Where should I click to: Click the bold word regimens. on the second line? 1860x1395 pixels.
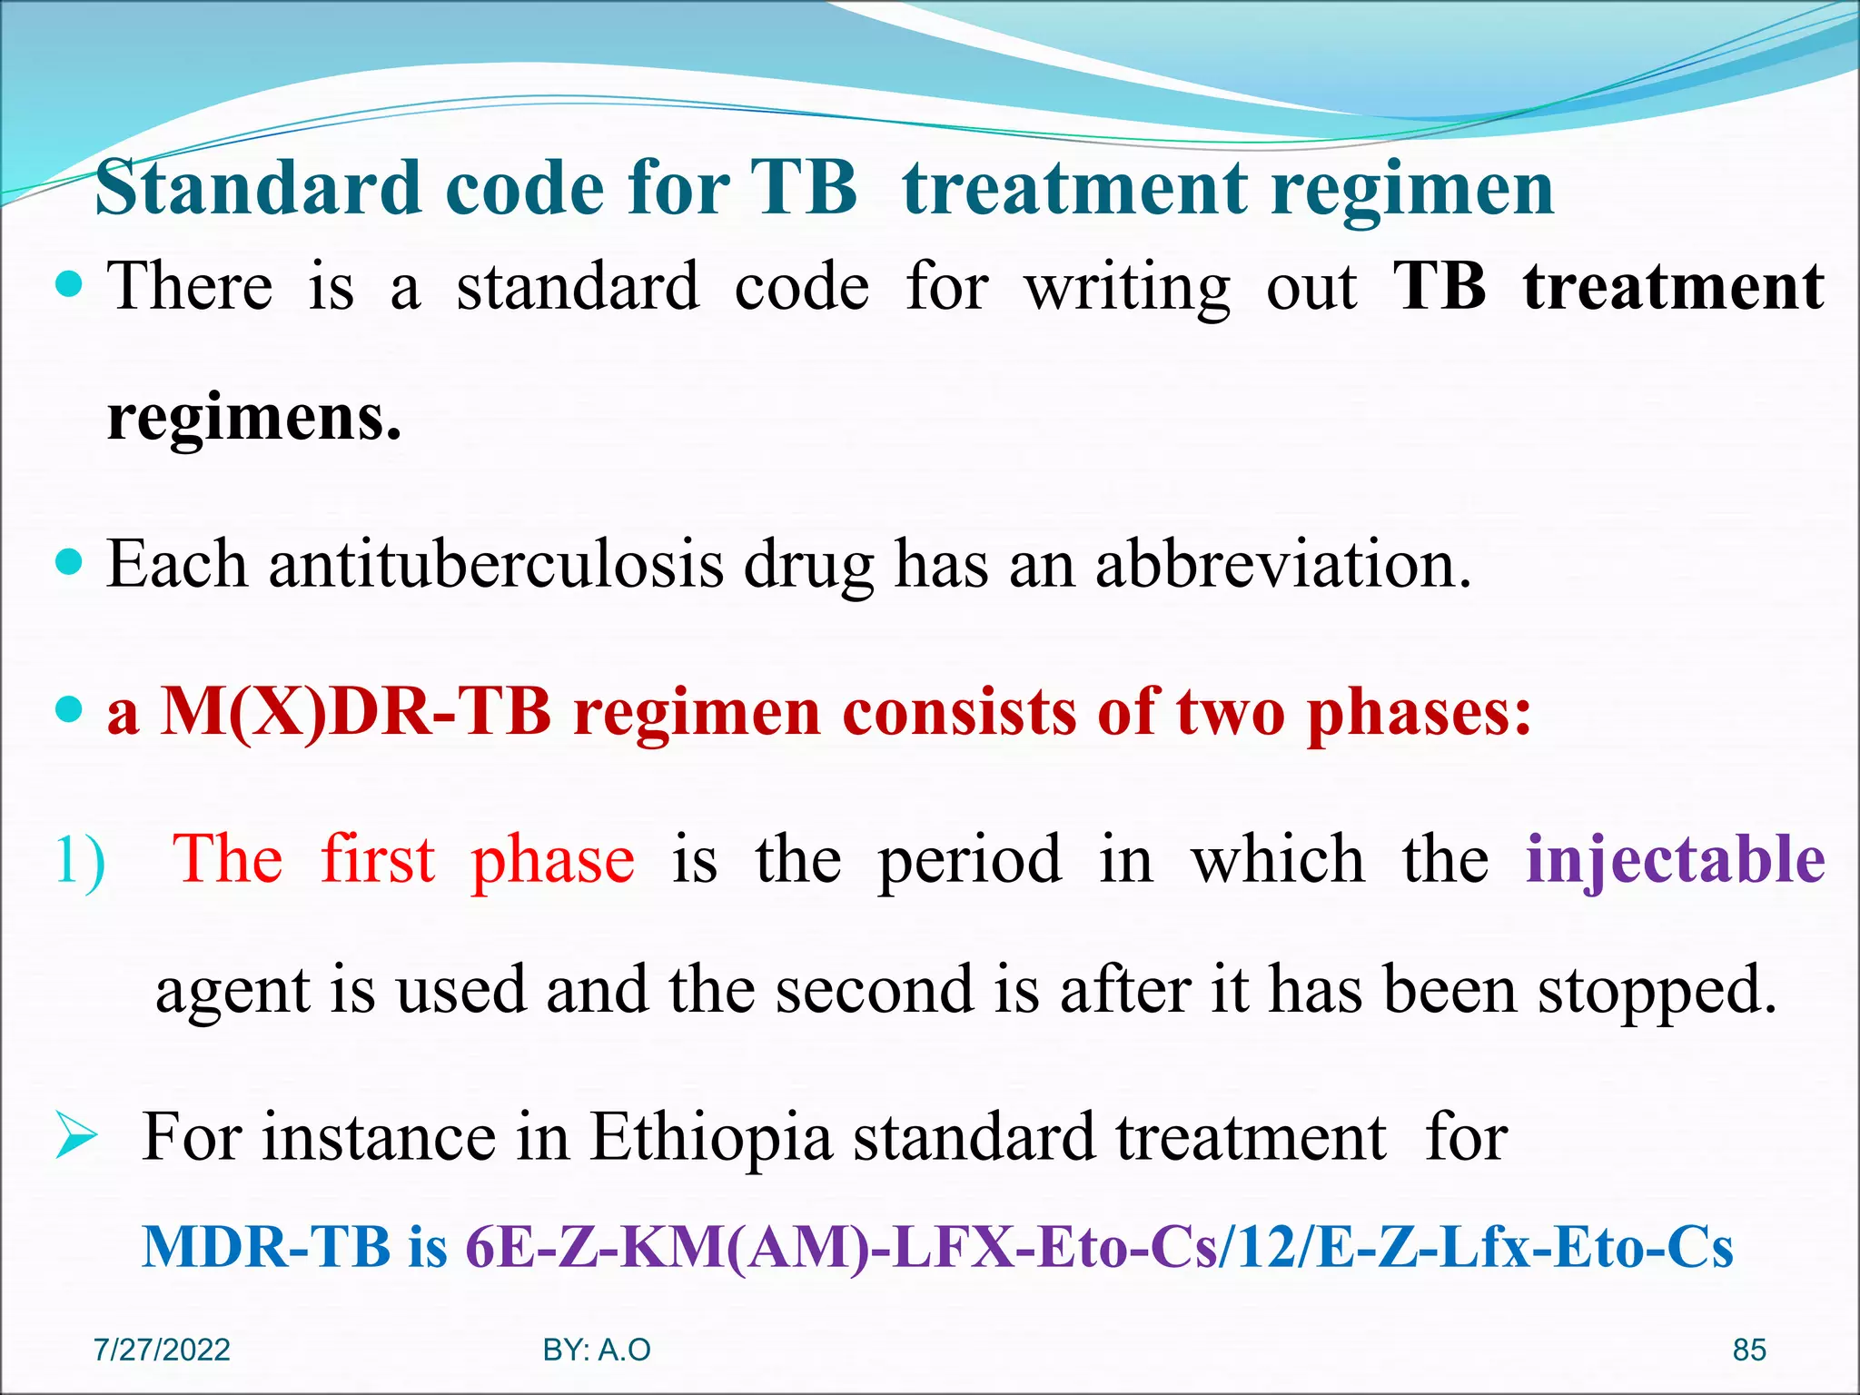[x=254, y=420]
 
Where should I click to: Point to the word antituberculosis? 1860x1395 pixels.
[x=497, y=565]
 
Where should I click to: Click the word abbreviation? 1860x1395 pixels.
[x=1282, y=565]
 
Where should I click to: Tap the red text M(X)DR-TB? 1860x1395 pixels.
[x=356, y=712]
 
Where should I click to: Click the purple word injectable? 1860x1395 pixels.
[x=1675, y=858]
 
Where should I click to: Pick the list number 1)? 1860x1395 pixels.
[x=80, y=860]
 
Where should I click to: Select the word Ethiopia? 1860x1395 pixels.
[x=711, y=1137]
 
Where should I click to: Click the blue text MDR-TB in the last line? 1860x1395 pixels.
[x=266, y=1247]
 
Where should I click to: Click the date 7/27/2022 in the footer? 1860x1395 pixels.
[x=163, y=1350]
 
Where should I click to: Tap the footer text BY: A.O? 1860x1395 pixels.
[x=597, y=1350]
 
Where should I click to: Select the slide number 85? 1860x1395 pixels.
[x=1749, y=1350]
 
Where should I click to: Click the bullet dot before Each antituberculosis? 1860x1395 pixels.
[x=69, y=562]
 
